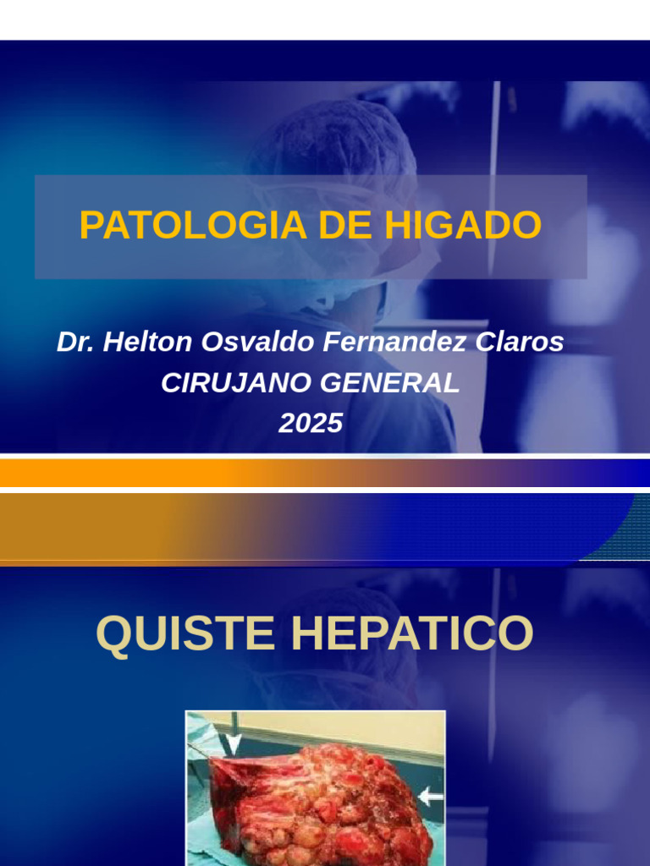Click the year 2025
311,422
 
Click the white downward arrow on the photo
233,743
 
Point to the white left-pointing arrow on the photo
430,796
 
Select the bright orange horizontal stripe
127,473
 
